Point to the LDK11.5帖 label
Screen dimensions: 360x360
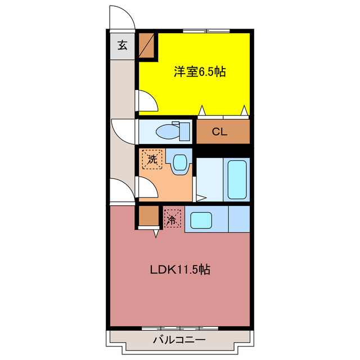[180, 269]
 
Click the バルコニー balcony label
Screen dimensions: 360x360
[179, 340]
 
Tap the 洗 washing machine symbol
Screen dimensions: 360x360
[152, 159]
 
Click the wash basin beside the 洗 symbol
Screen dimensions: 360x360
[179, 163]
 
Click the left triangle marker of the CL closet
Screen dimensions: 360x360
[202, 111]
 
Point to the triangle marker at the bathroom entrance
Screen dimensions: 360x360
[200, 197]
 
